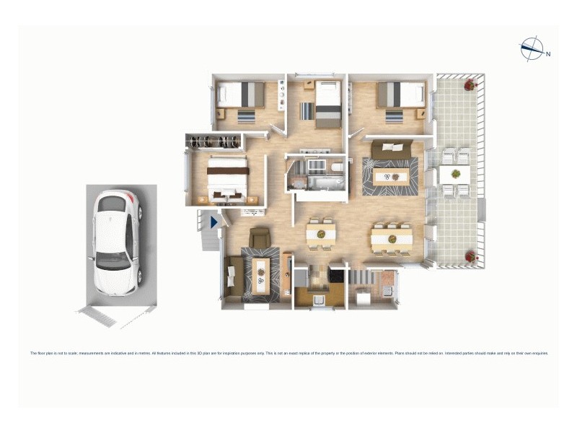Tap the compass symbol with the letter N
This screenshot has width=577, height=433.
pyautogui.click(x=532, y=48)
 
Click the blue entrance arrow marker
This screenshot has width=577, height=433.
pyautogui.click(x=214, y=223)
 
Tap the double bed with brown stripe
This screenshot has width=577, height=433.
pyautogui.click(x=227, y=177)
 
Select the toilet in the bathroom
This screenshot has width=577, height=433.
pyautogui.click(x=336, y=168)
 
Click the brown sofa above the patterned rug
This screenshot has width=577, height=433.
pyautogui.click(x=391, y=149)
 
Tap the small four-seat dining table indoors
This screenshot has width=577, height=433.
pyautogui.click(x=321, y=233)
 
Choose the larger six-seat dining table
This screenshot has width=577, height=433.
pyautogui.click(x=391, y=237)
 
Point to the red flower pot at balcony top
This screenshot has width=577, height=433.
pyautogui.click(x=470, y=84)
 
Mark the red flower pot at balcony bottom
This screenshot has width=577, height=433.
pyautogui.click(x=470, y=256)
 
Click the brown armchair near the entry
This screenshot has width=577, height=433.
pyautogui.click(x=259, y=237)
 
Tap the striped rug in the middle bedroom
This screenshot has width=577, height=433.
pyautogui.click(x=307, y=111)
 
